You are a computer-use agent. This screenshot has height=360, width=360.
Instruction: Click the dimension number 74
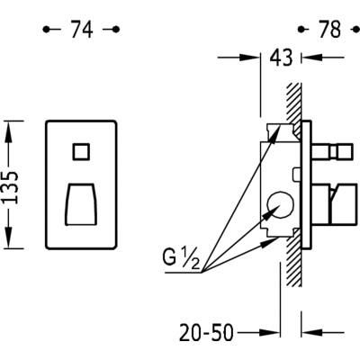(x=82, y=30)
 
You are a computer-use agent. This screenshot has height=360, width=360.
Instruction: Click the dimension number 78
(x=330, y=30)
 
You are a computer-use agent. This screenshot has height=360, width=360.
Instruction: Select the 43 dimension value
(x=281, y=58)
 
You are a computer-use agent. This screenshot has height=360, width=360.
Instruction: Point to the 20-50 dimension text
(x=206, y=332)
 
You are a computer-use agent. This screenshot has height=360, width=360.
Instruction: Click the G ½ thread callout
(x=181, y=259)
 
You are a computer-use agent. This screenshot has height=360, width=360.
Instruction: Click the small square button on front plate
(x=81, y=152)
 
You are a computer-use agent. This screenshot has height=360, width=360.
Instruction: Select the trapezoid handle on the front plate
(x=81, y=204)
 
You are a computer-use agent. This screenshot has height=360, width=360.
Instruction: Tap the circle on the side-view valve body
(x=280, y=205)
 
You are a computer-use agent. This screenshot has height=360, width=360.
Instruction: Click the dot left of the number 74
(x=46, y=30)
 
